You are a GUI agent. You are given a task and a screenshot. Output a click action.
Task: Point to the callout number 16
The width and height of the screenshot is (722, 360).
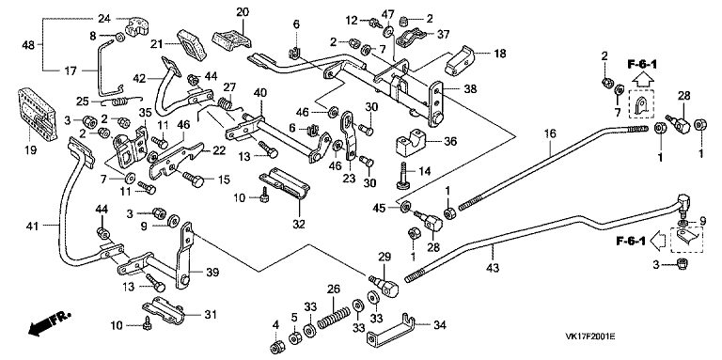tap(550, 134)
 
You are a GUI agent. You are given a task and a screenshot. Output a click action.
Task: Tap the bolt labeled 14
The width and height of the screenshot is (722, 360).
tap(404, 175)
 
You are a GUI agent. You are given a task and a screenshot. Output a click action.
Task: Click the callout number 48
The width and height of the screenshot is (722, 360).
tap(29, 45)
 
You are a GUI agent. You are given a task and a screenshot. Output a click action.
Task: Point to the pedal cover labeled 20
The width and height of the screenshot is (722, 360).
tap(232, 38)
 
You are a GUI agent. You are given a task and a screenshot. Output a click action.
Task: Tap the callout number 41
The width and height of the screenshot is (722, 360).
tap(32, 225)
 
